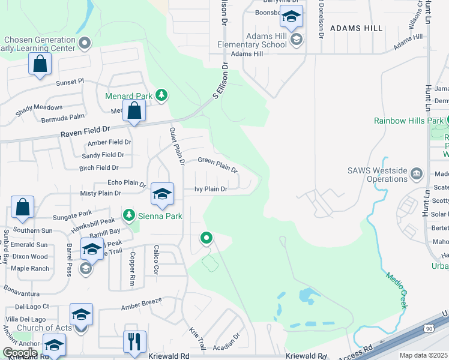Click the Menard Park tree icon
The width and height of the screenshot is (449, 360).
pos(161,95)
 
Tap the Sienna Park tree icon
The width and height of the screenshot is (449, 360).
pos(128,214)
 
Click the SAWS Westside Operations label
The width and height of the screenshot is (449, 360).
pos(378,175)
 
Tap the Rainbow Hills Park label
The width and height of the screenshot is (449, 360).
pos(408,121)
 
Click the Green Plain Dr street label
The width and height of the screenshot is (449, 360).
pos(218,164)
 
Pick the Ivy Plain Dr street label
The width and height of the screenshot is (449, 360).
pos(210,189)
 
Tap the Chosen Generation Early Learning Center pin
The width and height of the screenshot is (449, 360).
pos(85,43)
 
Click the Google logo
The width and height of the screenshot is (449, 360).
pos(20,353)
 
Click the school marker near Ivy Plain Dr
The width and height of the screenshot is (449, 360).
pos(162,193)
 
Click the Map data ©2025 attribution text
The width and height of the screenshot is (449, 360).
pos(423,355)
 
